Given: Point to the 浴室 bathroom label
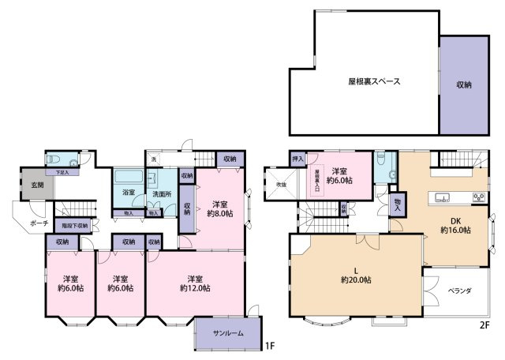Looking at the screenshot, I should point(128,192).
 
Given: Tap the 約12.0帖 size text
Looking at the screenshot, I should point(193,288).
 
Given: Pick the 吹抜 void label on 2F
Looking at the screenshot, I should point(281,185).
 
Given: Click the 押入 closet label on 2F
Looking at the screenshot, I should point(298,159).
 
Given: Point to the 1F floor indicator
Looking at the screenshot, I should point(270,345).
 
